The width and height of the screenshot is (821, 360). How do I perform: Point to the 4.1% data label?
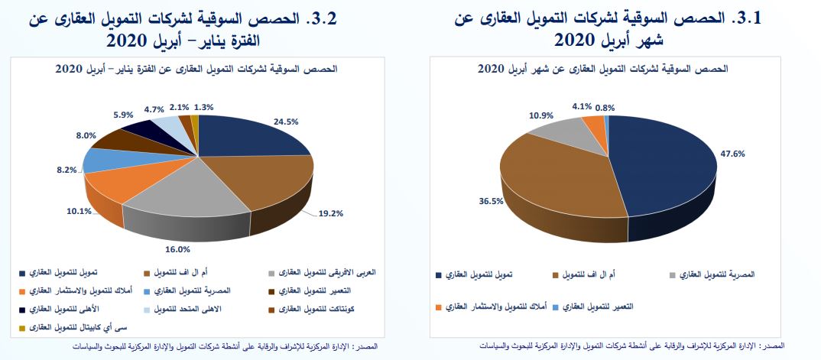(582, 106)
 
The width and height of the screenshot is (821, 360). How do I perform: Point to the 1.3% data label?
(204, 107)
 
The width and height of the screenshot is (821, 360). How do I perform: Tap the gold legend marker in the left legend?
(22, 328)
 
